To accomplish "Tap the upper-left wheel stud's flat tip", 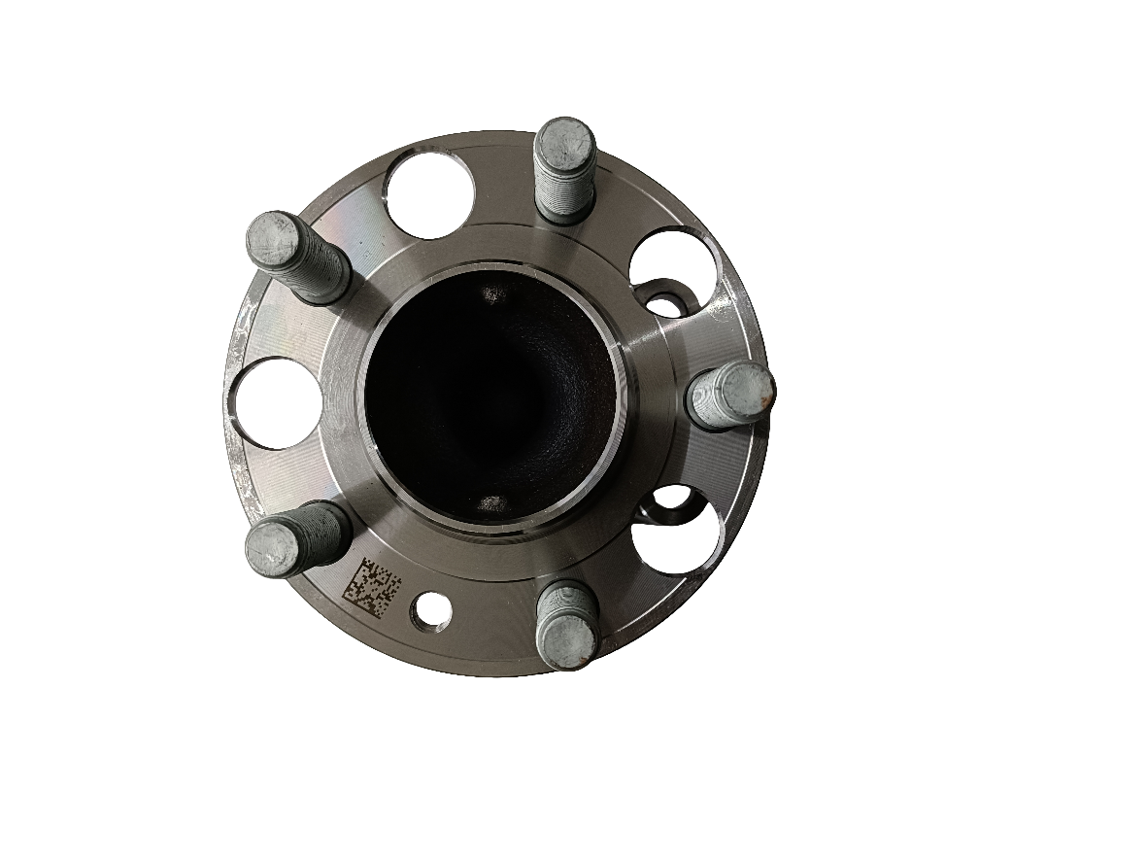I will [x=271, y=239].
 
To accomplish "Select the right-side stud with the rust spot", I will [x=730, y=395].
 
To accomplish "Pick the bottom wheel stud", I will [x=566, y=628].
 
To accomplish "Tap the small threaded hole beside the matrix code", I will [x=428, y=611].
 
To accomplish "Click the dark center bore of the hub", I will [x=490, y=398].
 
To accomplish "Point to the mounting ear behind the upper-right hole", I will [x=665, y=296].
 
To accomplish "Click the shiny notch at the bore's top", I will [x=494, y=293].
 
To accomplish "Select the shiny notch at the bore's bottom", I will [x=493, y=502].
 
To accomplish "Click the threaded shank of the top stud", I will [x=566, y=199].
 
